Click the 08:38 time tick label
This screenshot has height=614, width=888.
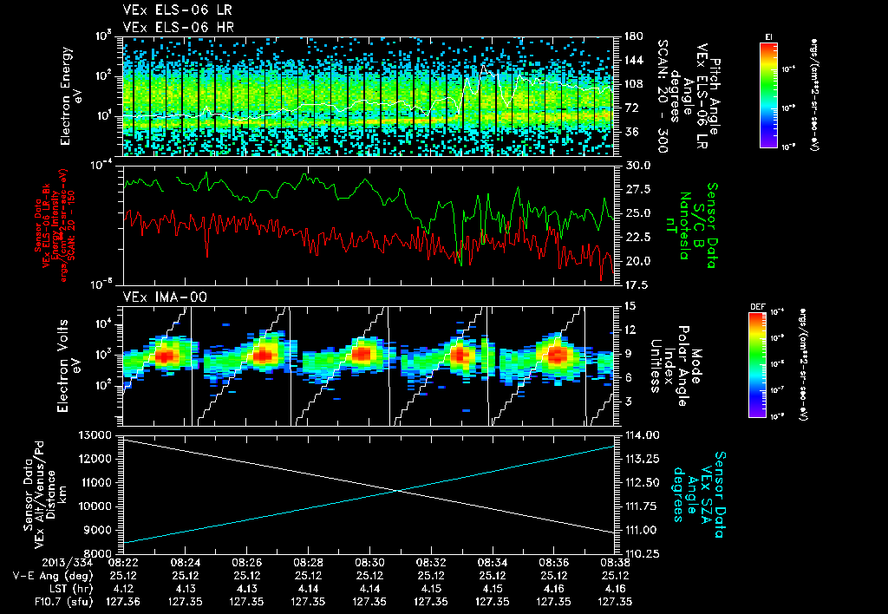[x=616, y=562]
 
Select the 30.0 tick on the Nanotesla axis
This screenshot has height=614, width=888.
[x=634, y=165]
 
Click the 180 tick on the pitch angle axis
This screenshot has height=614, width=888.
[x=631, y=36]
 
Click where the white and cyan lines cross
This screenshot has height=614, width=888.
[x=399, y=491]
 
